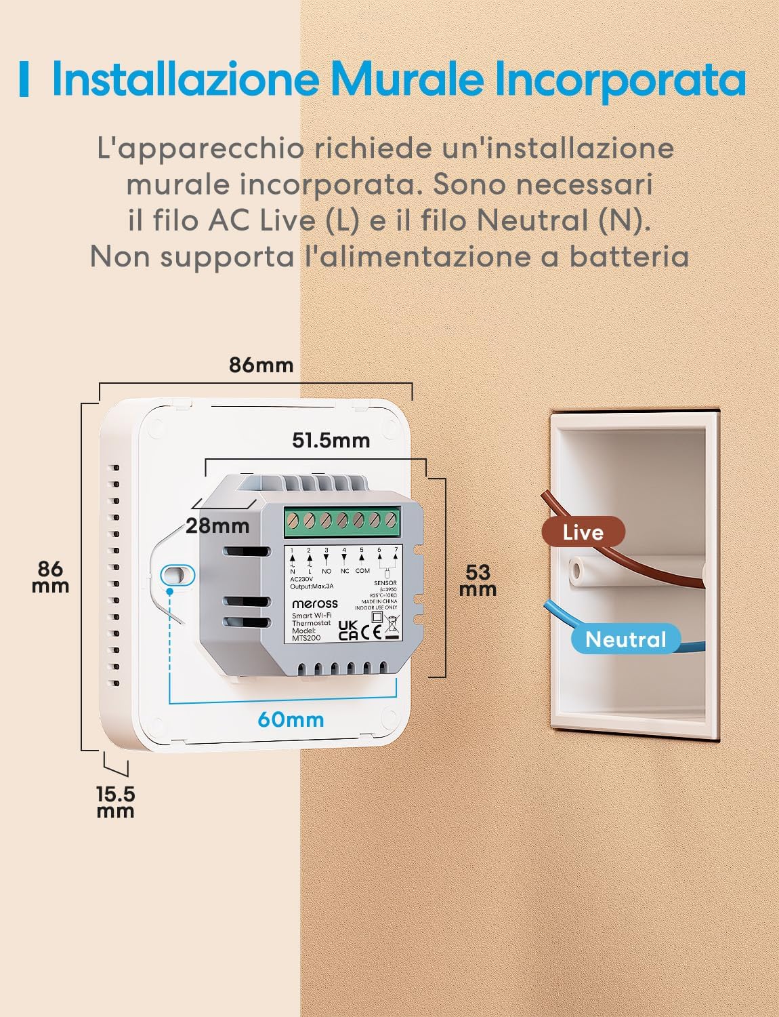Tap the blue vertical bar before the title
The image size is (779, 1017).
(24, 79)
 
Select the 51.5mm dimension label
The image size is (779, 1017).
(331, 440)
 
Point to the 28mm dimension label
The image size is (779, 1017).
(217, 525)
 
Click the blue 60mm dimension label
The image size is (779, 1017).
(291, 719)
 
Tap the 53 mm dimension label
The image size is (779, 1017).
(478, 580)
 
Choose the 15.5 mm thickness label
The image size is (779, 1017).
(115, 801)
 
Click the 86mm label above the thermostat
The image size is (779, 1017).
(261, 365)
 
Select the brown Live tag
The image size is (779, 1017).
(583, 532)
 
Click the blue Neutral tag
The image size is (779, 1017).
(625, 639)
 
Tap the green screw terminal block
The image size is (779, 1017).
(342, 521)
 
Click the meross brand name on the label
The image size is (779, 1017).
(314, 603)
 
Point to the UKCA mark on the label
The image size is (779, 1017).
(348, 630)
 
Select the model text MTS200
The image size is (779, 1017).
(306, 637)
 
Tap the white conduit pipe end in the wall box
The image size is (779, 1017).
(576, 571)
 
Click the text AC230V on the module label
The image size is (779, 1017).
(301, 580)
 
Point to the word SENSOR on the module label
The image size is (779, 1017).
(385, 583)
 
